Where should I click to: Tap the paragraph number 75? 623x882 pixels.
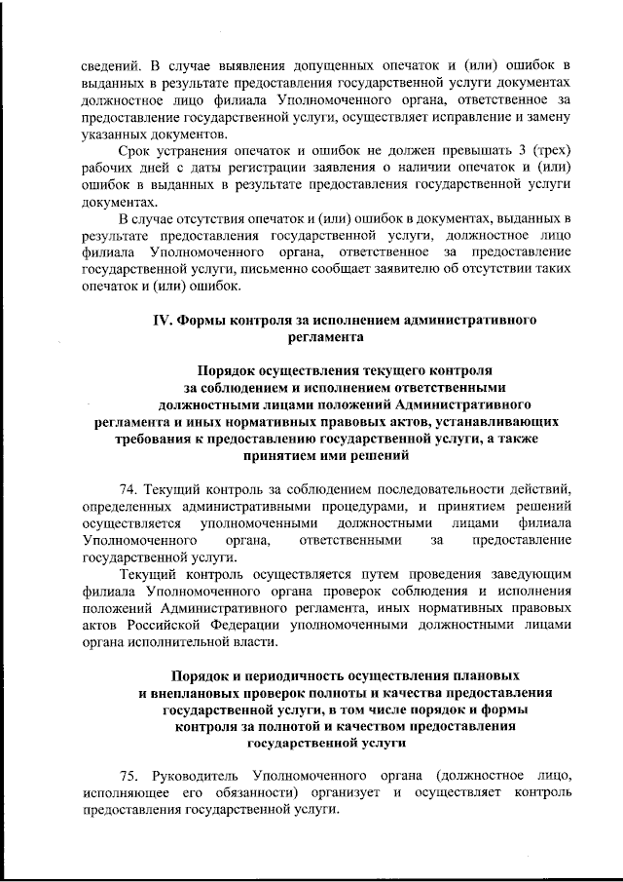coord(128,774)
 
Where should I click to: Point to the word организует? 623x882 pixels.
coord(348,792)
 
